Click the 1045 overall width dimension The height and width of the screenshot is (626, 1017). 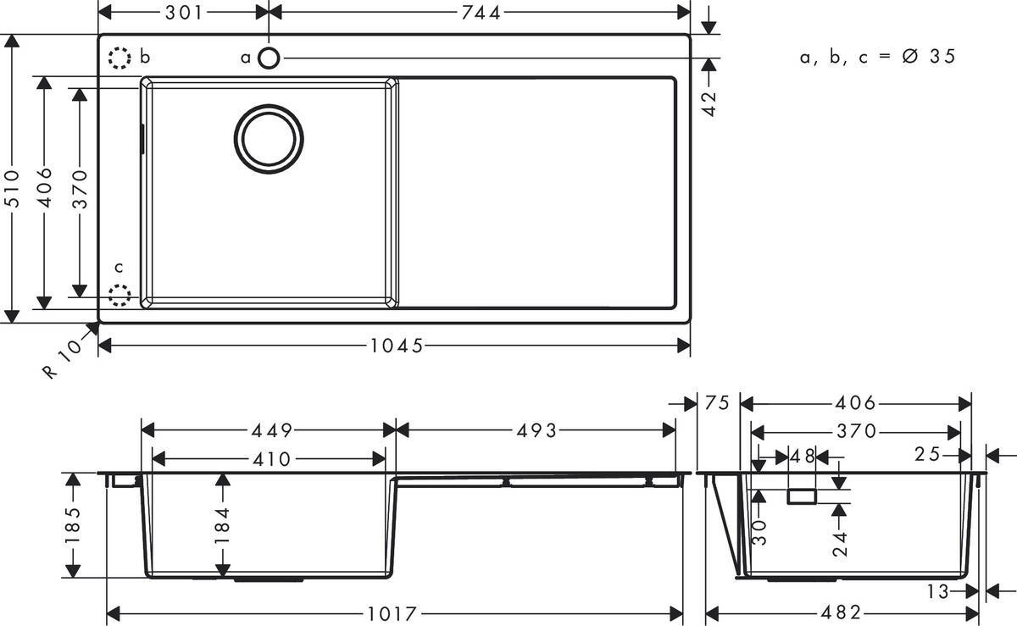click(396, 346)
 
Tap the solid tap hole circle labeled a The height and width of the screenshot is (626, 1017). click(269, 58)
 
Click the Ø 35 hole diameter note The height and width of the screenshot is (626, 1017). click(878, 57)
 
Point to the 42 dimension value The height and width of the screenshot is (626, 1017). click(709, 102)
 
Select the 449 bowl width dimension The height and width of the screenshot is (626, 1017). click(269, 430)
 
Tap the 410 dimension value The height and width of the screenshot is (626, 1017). click(269, 459)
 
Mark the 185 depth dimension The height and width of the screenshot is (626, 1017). click(72, 525)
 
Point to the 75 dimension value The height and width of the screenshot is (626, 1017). click(716, 404)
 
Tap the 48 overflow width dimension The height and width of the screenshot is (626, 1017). click(802, 457)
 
